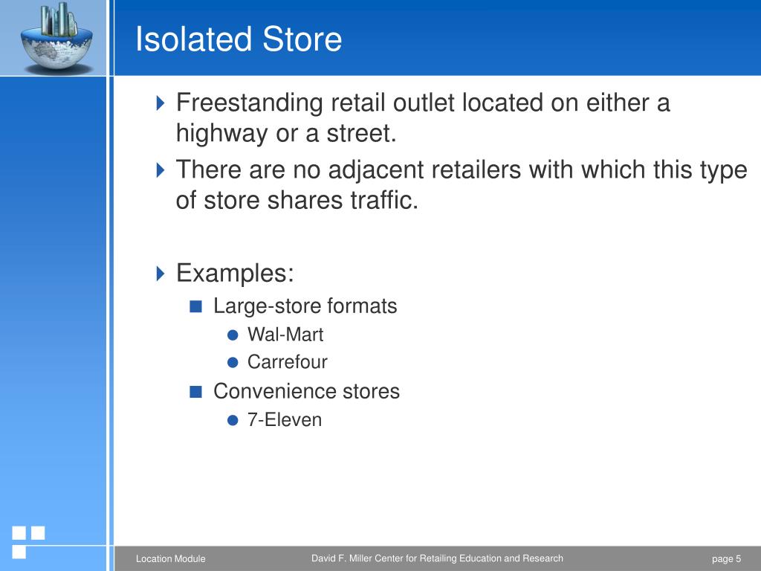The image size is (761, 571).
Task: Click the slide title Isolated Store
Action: [x=239, y=39]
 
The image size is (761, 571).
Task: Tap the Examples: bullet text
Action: [x=235, y=273]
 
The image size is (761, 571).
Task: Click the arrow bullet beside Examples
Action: [x=161, y=273]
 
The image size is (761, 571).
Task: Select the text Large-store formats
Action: [x=305, y=306]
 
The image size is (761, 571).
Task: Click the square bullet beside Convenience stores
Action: [x=195, y=392]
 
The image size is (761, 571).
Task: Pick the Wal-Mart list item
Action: [x=285, y=335]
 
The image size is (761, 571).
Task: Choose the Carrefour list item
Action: [x=287, y=363]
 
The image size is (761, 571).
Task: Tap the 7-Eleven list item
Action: [x=285, y=420]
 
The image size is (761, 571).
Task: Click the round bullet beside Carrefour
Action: [x=233, y=363]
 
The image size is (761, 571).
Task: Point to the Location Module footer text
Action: [x=170, y=559]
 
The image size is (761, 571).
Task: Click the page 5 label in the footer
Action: [x=726, y=559]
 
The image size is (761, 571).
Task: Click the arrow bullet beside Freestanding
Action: [x=161, y=103]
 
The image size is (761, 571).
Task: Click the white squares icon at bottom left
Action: [x=28, y=541]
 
